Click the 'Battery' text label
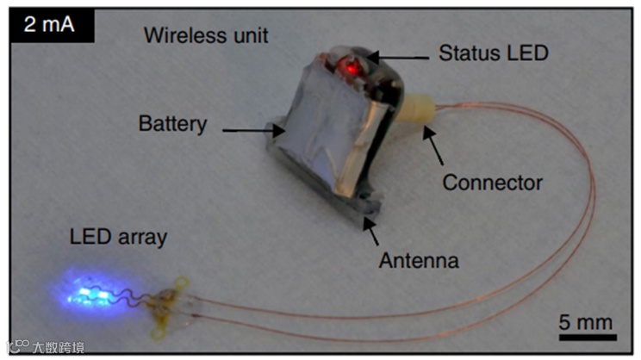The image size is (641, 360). (x=172, y=123)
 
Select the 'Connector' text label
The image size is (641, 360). (x=492, y=183)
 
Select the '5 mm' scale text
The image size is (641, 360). (x=586, y=322)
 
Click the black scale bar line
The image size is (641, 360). (x=586, y=338)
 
